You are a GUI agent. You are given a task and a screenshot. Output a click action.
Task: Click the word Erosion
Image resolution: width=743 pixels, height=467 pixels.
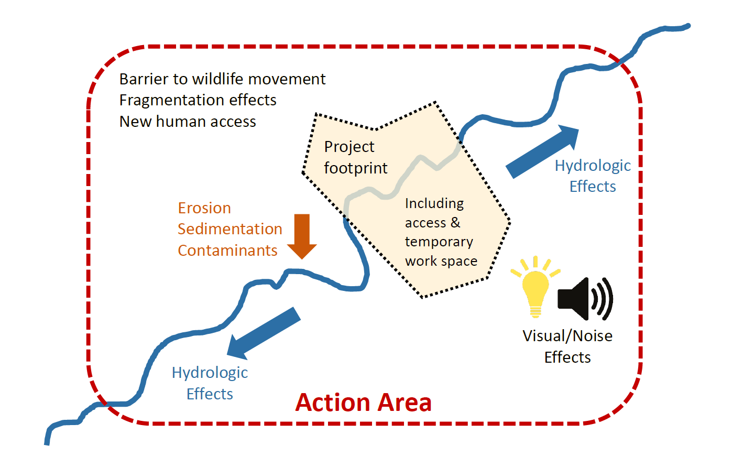tap(204, 208)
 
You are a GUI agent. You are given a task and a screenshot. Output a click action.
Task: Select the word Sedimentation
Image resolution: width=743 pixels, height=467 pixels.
tap(230, 229)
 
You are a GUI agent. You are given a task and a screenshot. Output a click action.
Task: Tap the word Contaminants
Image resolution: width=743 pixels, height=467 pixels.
tap(227, 251)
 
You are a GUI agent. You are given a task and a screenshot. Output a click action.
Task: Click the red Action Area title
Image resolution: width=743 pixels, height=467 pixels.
tap(363, 403)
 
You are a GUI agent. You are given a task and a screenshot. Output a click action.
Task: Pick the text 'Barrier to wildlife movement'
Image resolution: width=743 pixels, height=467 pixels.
tap(222, 79)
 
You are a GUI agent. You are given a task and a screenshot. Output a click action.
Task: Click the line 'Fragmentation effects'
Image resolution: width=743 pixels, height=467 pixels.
tap(198, 100)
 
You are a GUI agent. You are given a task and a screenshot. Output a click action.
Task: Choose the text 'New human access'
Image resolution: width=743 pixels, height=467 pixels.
tap(188, 122)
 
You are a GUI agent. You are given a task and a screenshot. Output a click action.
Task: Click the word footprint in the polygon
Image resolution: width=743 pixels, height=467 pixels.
tap(355, 168)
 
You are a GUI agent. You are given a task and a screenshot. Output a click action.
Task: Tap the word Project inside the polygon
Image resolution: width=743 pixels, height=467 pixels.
tap(349, 147)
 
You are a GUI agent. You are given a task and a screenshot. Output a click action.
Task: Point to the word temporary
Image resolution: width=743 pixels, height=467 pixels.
tap(439, 242)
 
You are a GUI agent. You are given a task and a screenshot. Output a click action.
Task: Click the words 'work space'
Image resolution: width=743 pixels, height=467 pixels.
tap(441, 261)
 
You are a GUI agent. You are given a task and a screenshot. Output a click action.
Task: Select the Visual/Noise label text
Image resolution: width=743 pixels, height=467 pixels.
tap(567, 336)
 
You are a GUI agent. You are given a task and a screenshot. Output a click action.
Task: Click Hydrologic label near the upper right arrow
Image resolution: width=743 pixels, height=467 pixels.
tap(592, 166)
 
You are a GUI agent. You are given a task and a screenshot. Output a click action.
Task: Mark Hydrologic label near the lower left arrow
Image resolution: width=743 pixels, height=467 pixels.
tap(210, 373)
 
